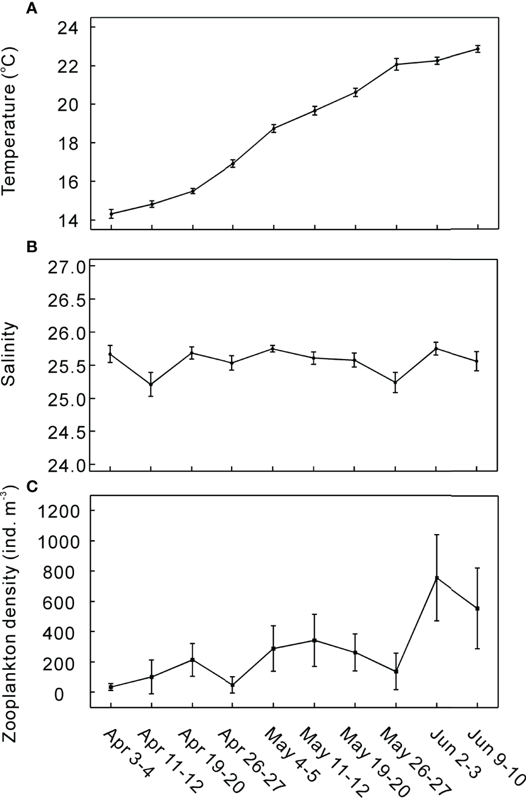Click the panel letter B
click(33, 247)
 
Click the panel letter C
click(33, 486)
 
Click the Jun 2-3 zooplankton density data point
click(437, 578)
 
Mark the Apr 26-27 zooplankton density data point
click(233, 685)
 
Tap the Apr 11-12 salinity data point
click(151, 384)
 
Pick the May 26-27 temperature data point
click(396, 65)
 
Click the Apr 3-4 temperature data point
click(111, 214)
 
